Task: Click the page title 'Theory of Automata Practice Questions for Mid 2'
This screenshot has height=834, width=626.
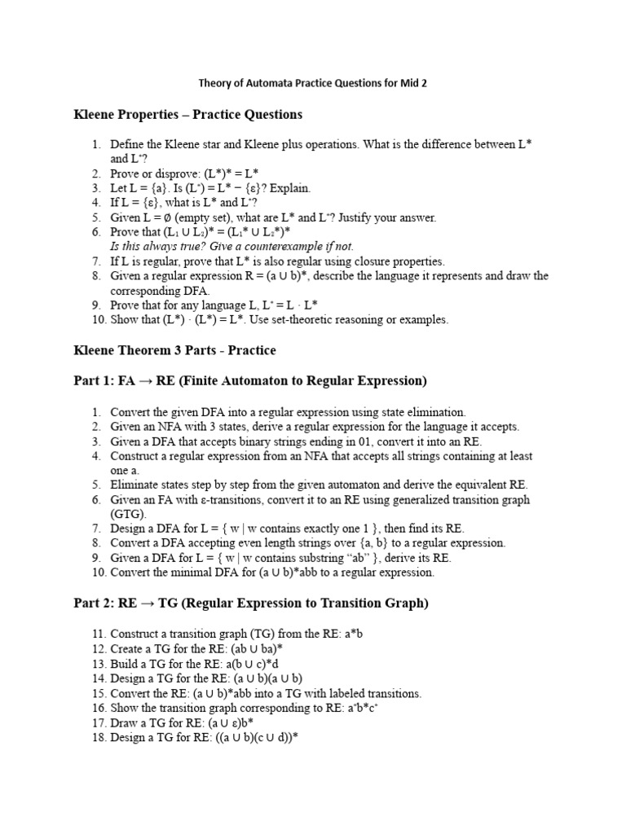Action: click(313, 82)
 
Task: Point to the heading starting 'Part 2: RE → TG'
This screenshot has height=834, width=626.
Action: click(251, 604)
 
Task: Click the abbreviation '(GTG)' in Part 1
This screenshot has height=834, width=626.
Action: click(130, 515)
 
